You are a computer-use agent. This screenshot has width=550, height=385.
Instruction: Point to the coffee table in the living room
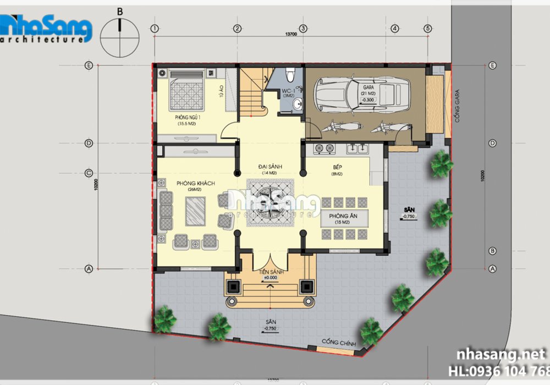(x=195, y=211)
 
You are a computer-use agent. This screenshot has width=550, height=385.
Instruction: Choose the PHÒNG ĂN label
(x=344, y=217)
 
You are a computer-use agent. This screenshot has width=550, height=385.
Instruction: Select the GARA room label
(x=368, y=88)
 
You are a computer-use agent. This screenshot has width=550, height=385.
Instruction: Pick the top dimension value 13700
(x=291, y=34)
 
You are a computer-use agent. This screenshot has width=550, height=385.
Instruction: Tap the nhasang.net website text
(x=497, y=353)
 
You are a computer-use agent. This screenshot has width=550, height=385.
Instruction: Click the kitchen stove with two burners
(x=324, y=148)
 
